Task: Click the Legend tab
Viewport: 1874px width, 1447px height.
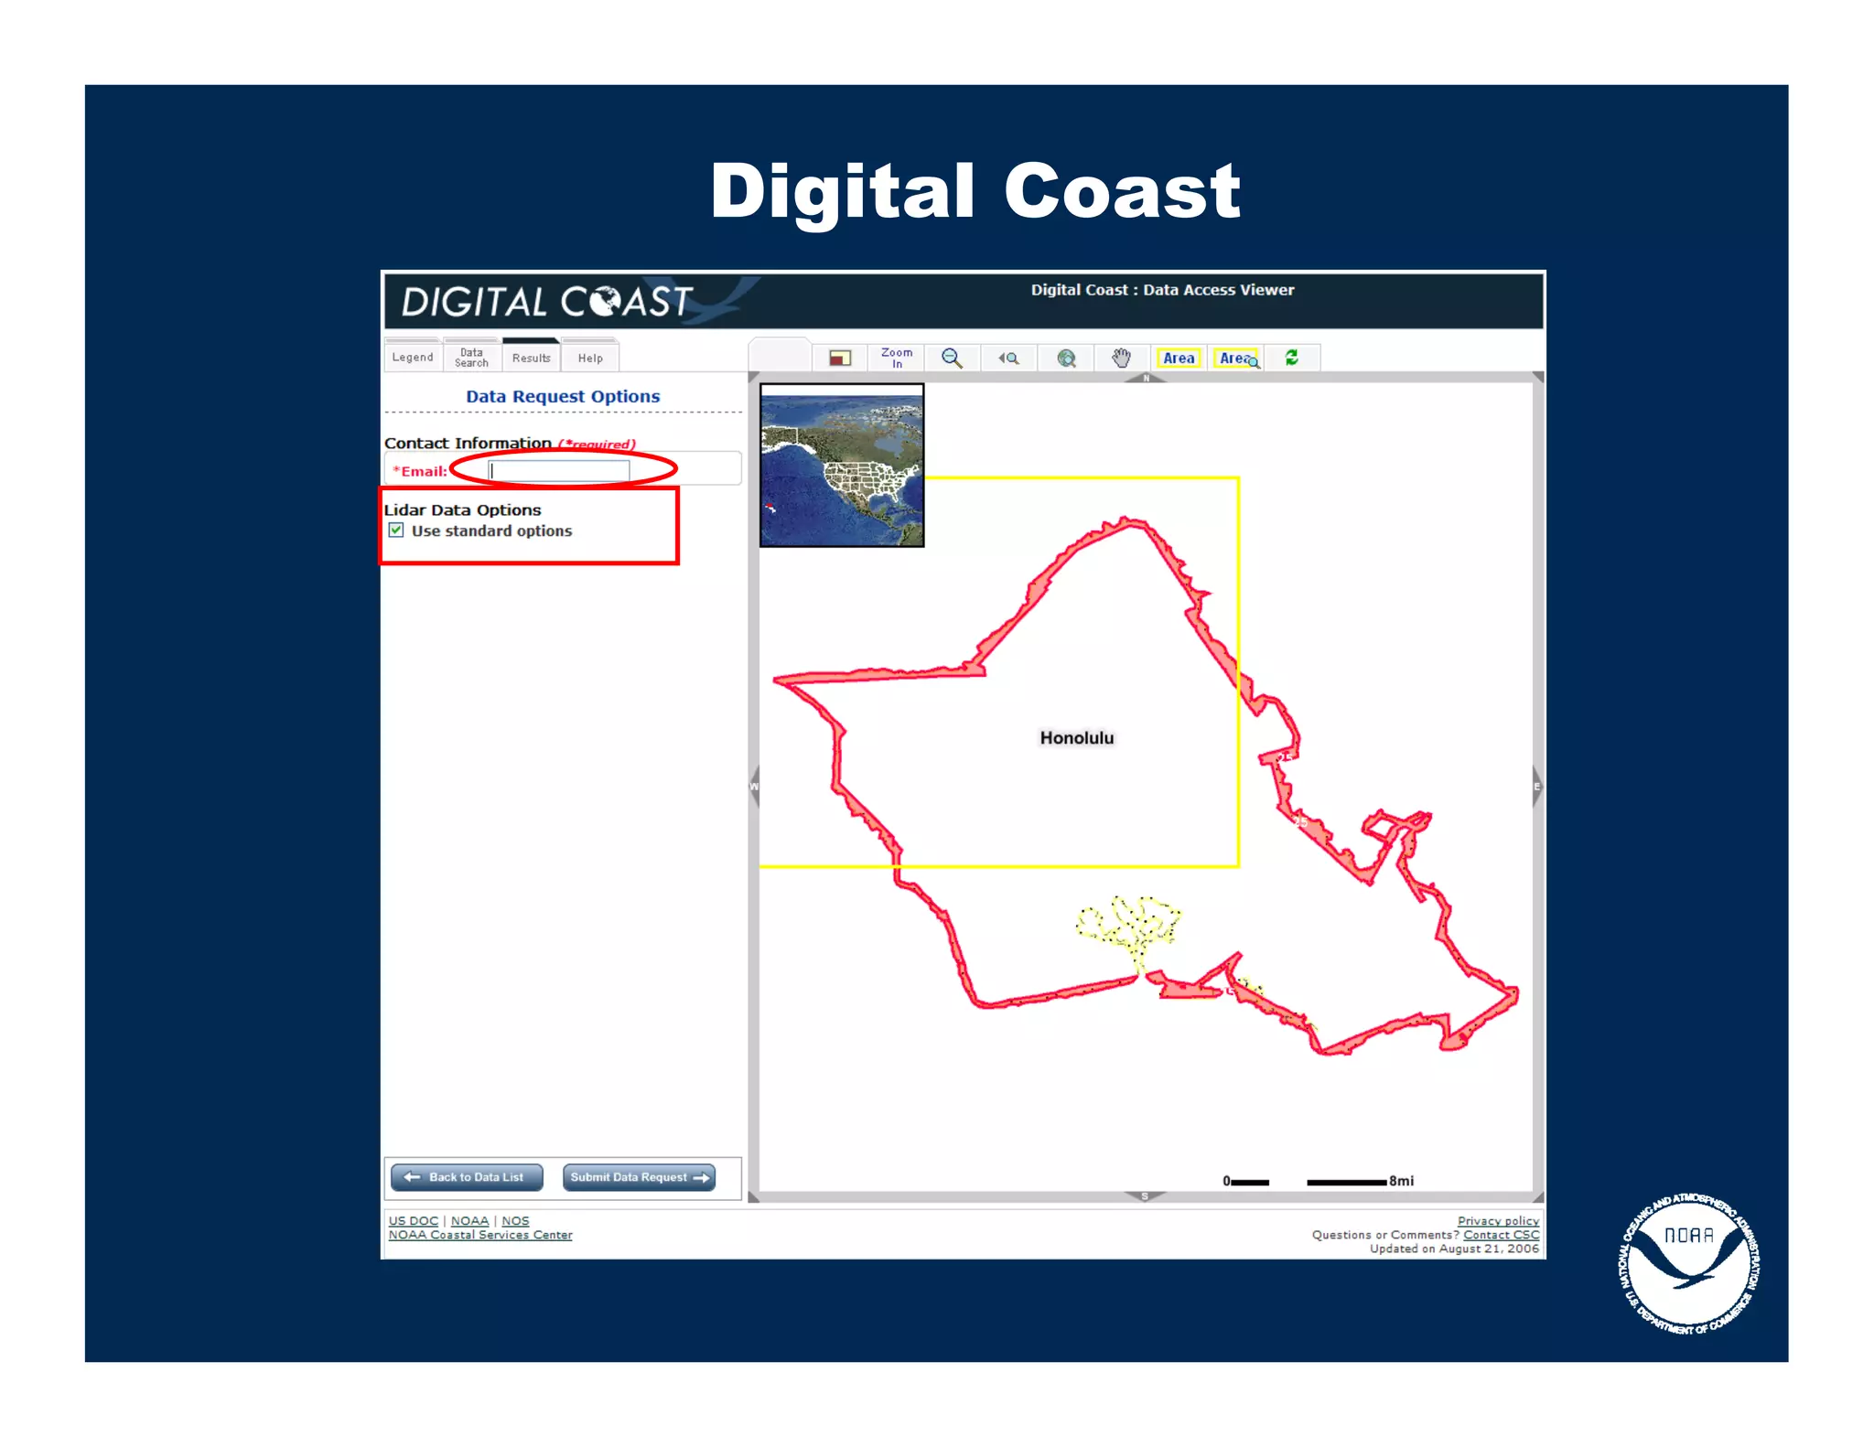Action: (x=413, y=358)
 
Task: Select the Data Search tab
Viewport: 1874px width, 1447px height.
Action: (x=471, y=358)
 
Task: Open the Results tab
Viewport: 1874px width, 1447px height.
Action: (x=531, y=358)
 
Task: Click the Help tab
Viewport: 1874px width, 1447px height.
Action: (x=590, y=358)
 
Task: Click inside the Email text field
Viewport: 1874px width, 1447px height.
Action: (x=559, y=471)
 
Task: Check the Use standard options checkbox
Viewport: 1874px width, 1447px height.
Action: (x=396, y=531)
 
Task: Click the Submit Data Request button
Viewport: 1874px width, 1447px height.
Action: (x=639, y=1177)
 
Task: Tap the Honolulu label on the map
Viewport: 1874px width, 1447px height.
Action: (x=1076, y=738)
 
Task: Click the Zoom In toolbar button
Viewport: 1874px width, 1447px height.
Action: (x=897, y=358)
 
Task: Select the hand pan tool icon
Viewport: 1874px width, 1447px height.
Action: (x=1122, y=358)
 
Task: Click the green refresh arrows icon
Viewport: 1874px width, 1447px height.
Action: (x=1292, y=358)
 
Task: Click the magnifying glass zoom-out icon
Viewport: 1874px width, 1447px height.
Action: (x=952, y=358)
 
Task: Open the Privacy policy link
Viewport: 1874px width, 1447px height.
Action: (x=1498, y=1221)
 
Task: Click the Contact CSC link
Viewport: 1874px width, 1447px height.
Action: (x=1501, y=1235)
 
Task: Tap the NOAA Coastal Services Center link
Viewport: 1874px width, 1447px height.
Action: (x=480, y=1235)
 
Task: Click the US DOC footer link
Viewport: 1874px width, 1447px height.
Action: (x=414, y=1221)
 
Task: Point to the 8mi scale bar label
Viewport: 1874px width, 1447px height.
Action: (x=1401, y=1181)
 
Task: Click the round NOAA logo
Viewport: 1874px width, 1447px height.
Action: (x=1688, y=1263)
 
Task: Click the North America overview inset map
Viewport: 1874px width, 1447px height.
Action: (x=842, y=466)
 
